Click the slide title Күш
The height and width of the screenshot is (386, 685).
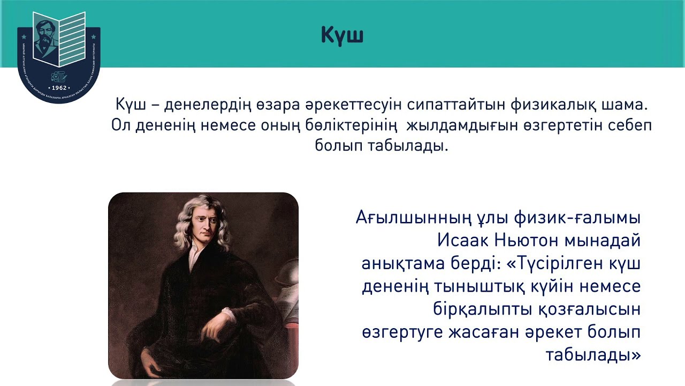[x=342, y=35]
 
